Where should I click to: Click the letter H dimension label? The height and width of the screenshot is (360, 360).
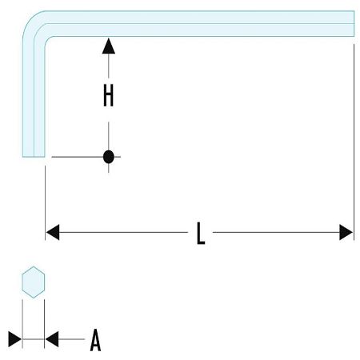(109, 96)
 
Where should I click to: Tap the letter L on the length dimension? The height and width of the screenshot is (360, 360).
(200, 233)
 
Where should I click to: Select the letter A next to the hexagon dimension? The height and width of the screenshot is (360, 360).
(95, 341)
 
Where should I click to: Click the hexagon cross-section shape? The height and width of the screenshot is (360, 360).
(34, 282)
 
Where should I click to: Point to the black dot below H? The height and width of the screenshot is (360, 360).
(109, 157)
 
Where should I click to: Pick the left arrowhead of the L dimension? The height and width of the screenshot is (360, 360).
(53, 233)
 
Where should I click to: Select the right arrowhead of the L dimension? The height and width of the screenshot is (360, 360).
(346, 233)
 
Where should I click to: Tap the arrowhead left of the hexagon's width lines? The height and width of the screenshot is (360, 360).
(15, 339)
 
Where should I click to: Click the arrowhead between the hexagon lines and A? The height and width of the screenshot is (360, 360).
(53, 339)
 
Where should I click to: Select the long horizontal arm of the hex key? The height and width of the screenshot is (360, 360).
(200, 24)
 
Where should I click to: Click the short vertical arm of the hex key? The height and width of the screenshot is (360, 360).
(34, 96)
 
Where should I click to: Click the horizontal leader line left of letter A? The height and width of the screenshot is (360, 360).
(72, 339)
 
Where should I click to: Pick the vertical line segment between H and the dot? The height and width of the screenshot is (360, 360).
(109, 132)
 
